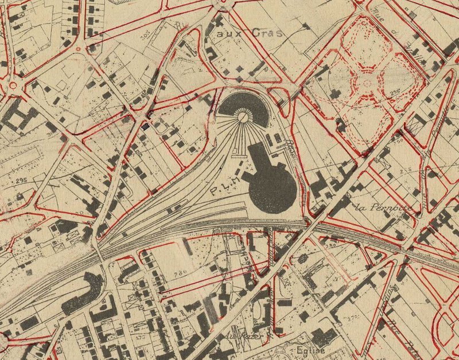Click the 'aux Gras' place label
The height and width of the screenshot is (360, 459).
coord(250,33)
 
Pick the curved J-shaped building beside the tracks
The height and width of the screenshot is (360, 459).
coord(86,292)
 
